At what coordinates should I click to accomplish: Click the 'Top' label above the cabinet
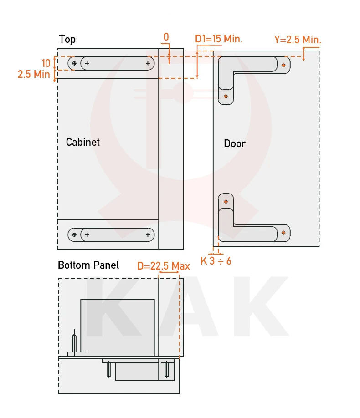point(67,40)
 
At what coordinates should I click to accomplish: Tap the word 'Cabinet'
point(83,142)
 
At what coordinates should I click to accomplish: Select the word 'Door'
point(235,143)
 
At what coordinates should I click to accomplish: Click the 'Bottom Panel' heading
point(88,265)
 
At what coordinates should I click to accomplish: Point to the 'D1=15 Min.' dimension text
point(219,39)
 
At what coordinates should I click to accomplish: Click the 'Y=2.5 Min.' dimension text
point(298,40)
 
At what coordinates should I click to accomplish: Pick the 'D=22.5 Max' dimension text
point(163,266)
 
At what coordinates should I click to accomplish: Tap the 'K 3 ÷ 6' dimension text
point(216,261)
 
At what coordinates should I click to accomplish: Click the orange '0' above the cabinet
point(166,37)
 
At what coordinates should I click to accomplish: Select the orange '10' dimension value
point(46,63)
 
